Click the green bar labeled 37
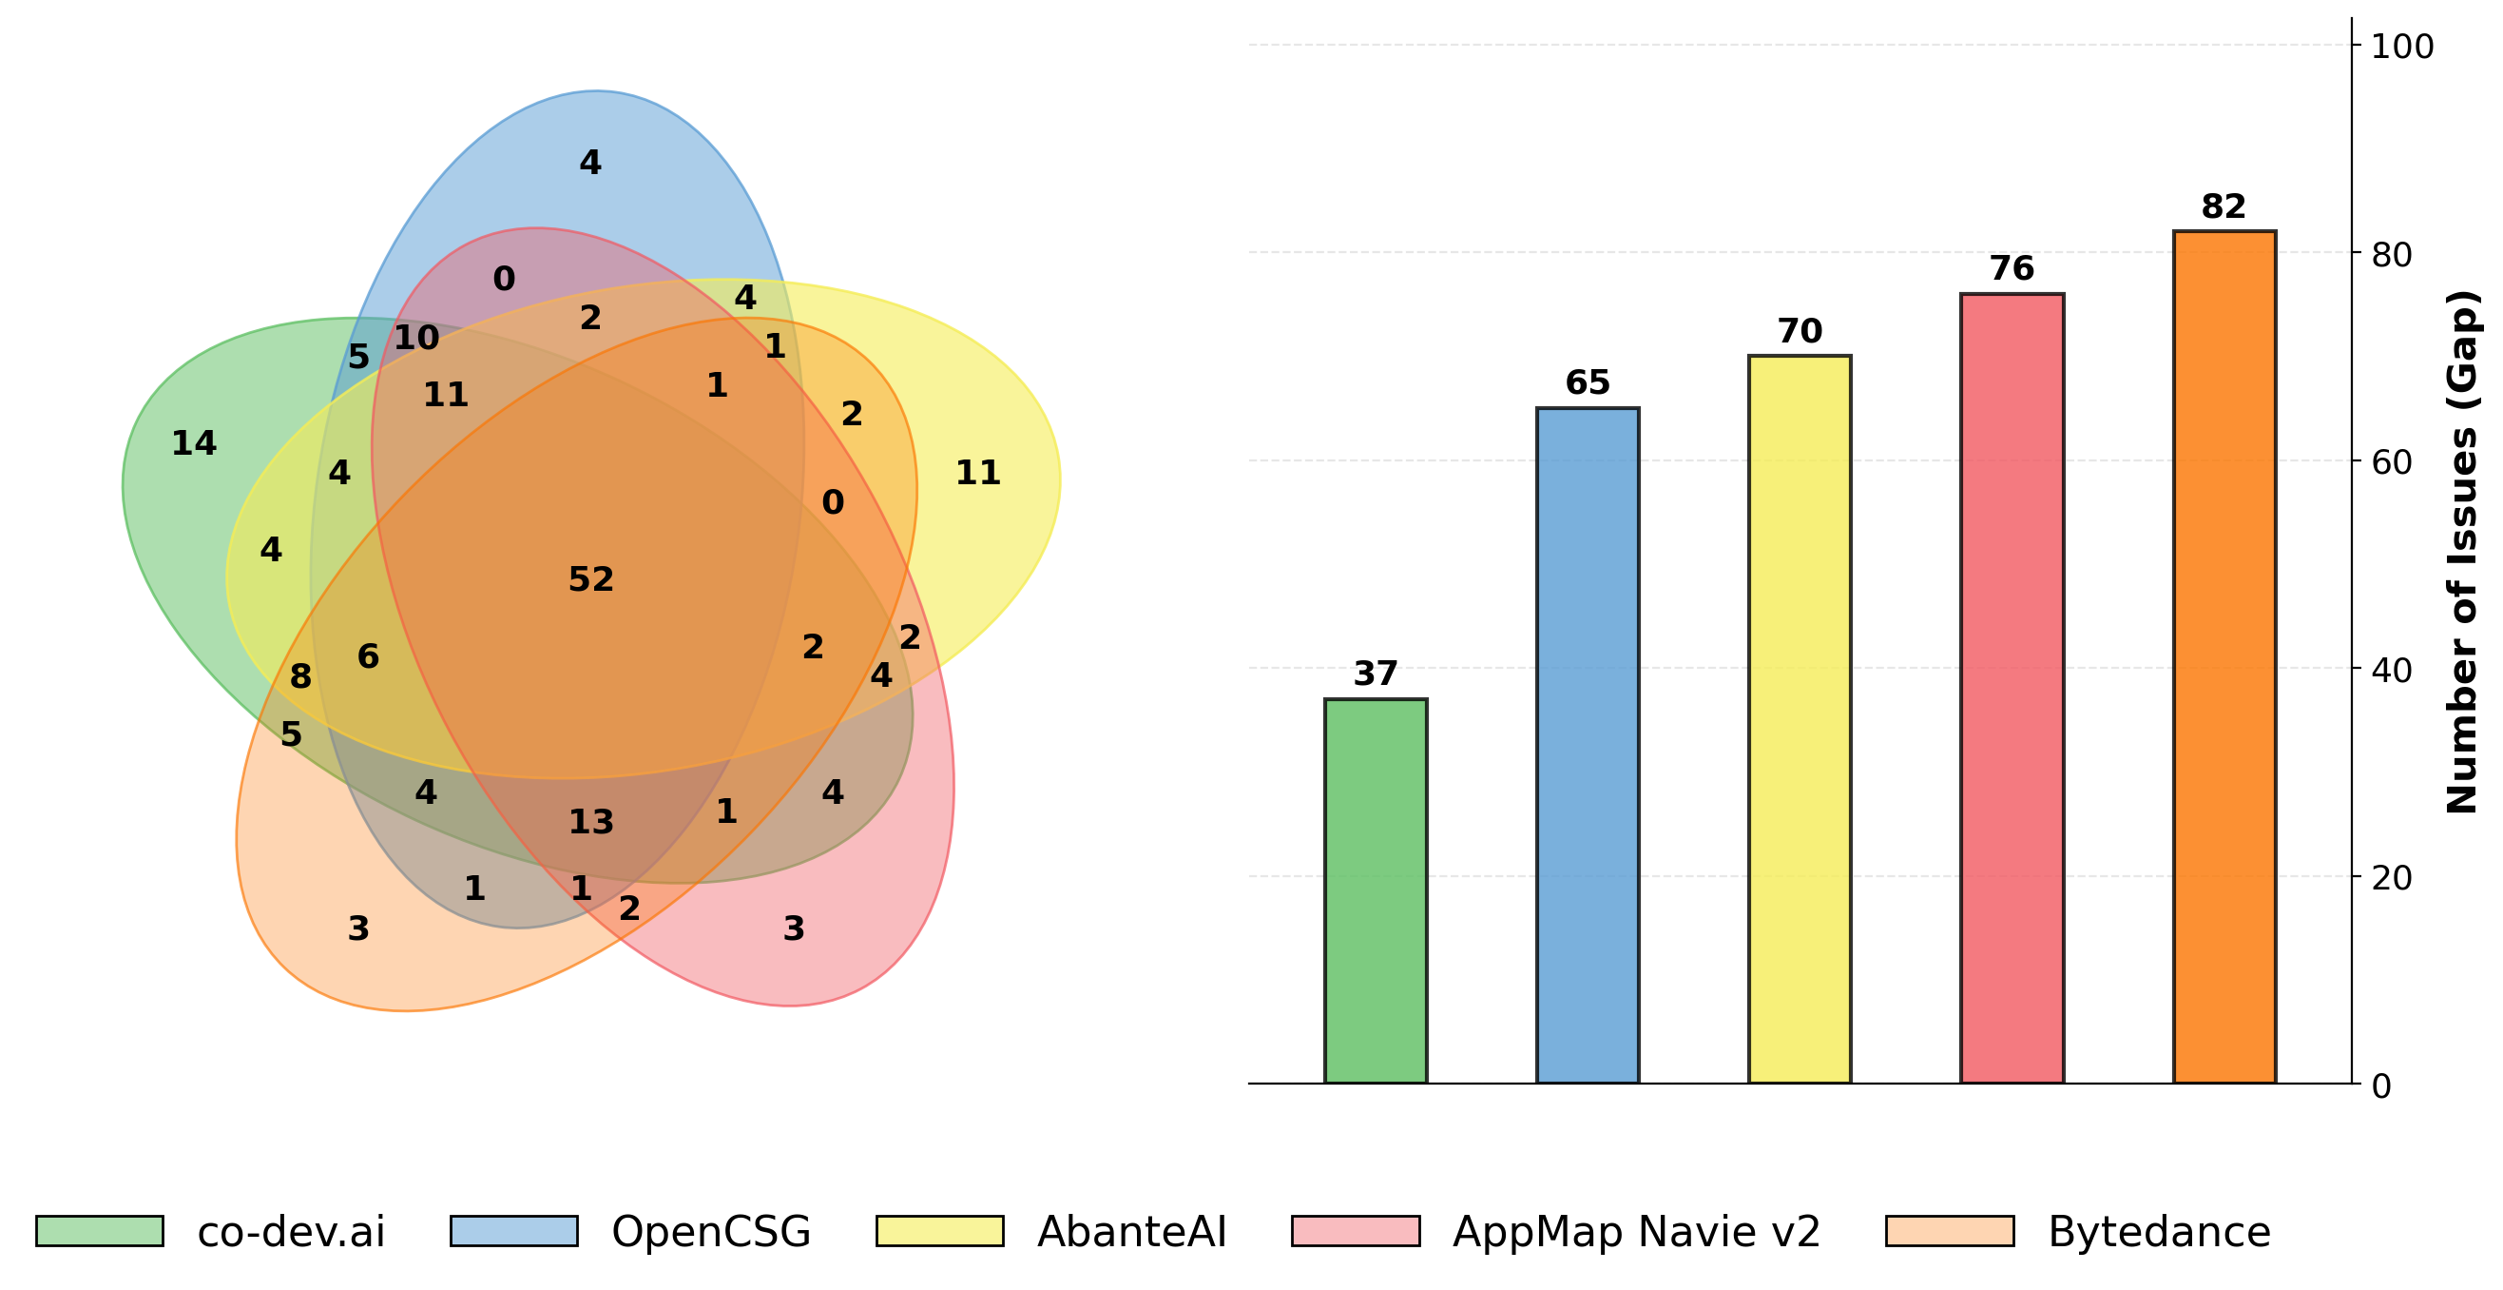point(1375,890)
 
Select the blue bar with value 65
point(1587,745)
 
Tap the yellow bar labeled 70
point(1799,718)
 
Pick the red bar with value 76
point(2012,687)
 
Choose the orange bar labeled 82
point(2224,656)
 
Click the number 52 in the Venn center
point(590,579)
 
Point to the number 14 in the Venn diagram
point(193,443)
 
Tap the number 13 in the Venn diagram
point(590,822)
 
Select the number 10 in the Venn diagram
point(415,339)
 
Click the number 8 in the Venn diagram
point(300,676)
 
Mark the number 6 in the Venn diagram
point(367,657)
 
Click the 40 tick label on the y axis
point(2391,670)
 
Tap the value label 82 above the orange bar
point(2224,207)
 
